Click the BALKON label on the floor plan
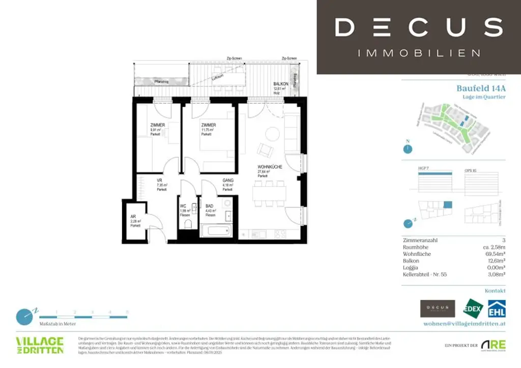[281, 84]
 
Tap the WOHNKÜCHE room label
[270, 167]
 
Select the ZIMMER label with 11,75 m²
[208, 125]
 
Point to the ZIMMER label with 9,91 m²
[158, 125]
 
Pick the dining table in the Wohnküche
[269, 194]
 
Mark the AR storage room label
[133, 217]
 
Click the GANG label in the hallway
[227, 180]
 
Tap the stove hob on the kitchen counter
[279, 234]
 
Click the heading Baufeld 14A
[481, 88]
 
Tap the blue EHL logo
[497, 309]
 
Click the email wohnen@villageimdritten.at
[465, 323]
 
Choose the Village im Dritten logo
[40, 345]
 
